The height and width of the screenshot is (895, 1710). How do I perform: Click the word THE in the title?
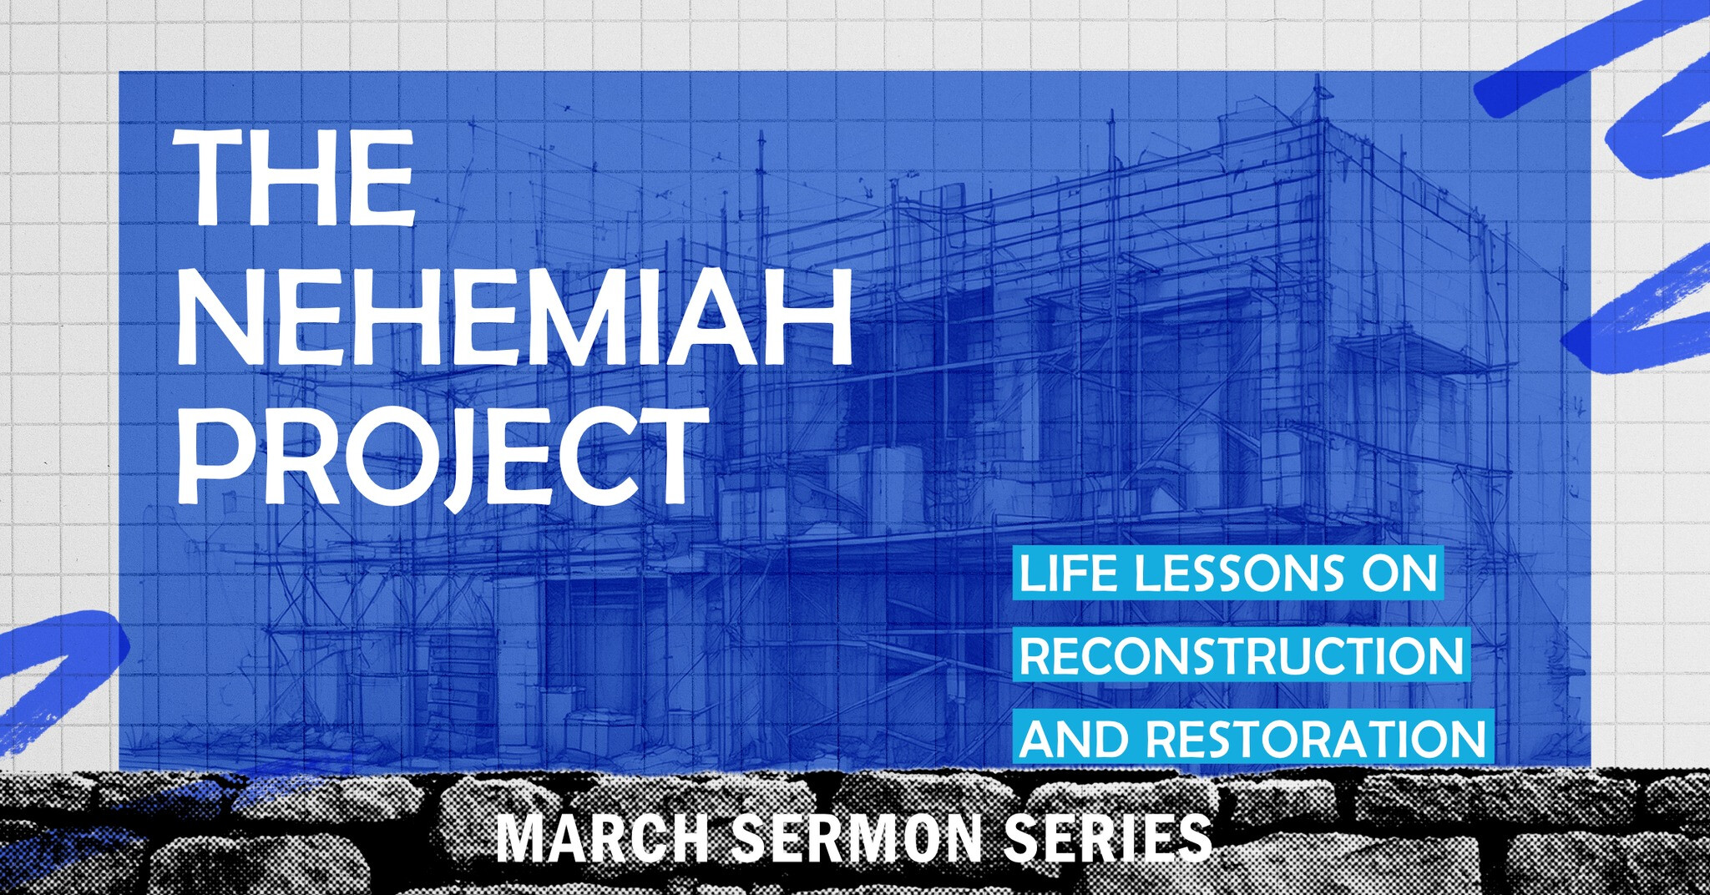294,178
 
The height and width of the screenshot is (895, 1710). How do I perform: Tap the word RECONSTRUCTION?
1242,656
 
